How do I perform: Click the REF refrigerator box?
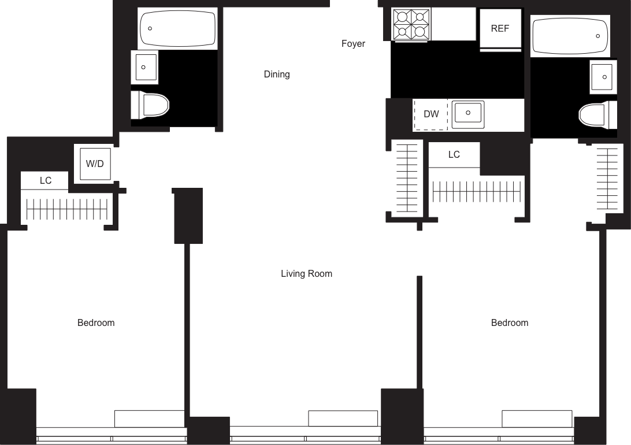(500, 29)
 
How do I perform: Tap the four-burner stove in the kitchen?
(411, 24)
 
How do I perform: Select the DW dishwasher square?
(431, 114)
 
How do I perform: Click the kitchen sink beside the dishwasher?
(467, 113)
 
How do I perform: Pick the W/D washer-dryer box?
(95, 164)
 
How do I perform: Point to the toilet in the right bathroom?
(594, 114)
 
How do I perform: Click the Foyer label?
(353, 44)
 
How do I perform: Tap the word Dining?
(276, 74)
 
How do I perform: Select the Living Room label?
(306, 273)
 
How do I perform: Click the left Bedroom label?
(96, 322)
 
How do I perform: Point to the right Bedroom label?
(510, 322)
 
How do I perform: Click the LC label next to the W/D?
(46, 181)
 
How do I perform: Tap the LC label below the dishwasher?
(454, 155)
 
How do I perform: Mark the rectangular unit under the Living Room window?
(343, 418)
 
